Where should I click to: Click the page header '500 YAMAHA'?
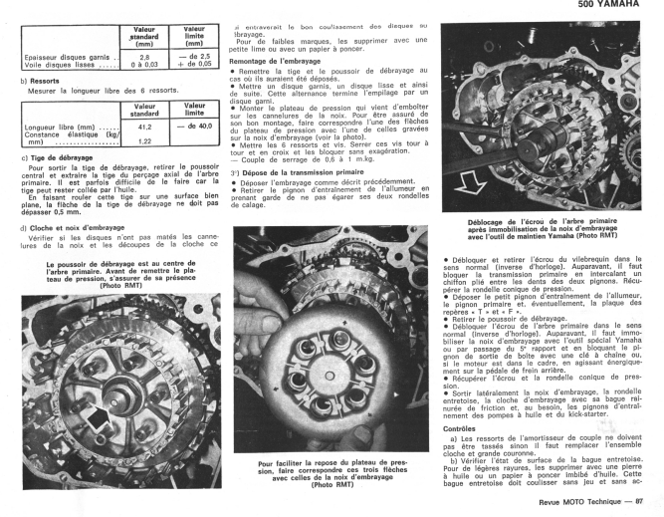pos(619,6)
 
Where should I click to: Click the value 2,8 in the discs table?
pos(144,57)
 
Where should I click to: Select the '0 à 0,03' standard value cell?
pos(144,66)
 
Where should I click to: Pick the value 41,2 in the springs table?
pos(144,128)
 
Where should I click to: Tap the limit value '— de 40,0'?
pos(194,128)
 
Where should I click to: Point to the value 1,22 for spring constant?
pos(144,141)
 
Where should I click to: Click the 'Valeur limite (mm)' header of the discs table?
pos(194,37)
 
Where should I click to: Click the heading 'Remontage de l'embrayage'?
pos(274,61)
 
